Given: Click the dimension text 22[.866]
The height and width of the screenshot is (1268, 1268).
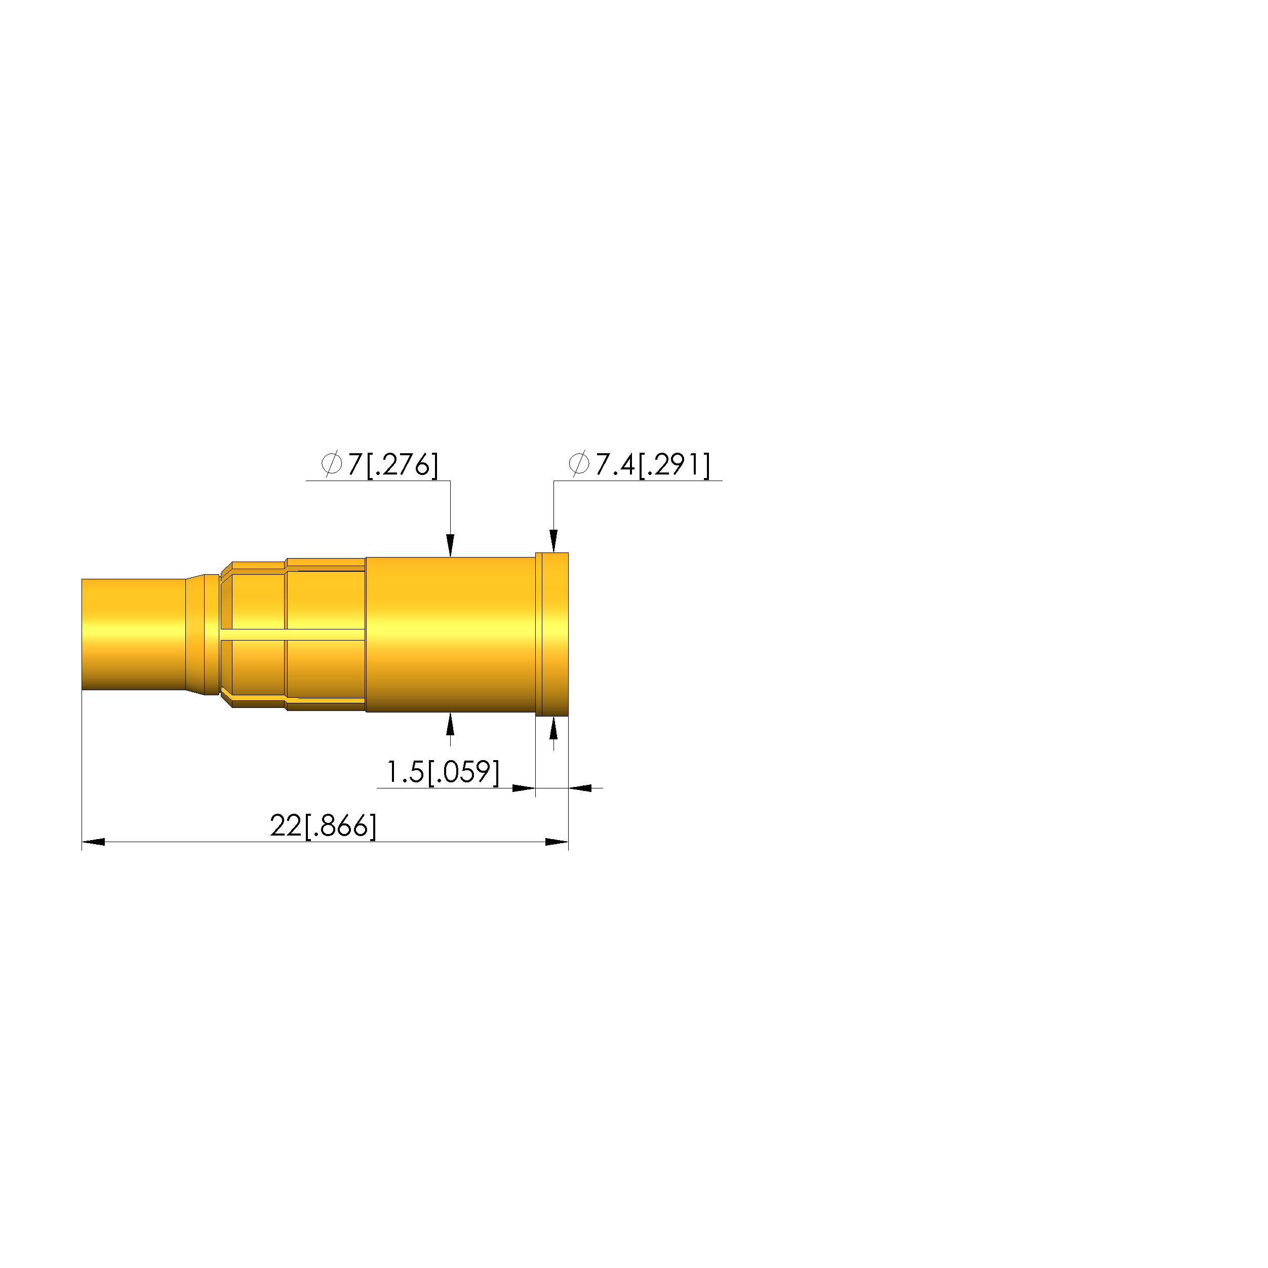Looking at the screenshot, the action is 323,825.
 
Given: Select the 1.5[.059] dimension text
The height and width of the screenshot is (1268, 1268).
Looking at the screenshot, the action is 443,772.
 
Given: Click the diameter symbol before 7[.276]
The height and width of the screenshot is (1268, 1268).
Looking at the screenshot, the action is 332,463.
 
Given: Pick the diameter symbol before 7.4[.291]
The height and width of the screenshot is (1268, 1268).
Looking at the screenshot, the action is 579,463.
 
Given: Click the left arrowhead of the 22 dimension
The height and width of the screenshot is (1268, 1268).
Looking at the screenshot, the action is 93,842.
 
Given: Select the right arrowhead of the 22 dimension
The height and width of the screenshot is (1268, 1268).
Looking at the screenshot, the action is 557,842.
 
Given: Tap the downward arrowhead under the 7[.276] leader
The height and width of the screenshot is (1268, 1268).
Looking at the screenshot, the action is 450,545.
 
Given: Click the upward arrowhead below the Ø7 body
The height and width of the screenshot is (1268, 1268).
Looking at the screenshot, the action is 450,724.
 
